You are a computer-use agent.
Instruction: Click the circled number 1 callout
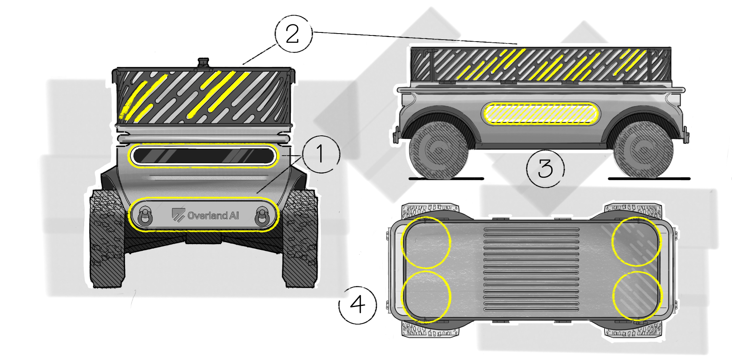pos(321,154)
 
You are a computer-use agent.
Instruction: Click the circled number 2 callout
pos(293,34)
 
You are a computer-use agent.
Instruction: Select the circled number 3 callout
pos(545,168)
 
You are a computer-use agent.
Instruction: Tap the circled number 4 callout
pos(358,305)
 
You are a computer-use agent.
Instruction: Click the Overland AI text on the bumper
pos(213,216)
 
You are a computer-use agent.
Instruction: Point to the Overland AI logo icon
pos(178,215)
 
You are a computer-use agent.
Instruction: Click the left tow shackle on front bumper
pos(145,216)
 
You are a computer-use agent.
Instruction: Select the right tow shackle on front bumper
pos(262,216)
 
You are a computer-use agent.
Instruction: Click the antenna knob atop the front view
pos(204,63)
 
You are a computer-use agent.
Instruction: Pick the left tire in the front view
pos(107,238)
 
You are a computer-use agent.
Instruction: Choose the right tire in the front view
pos(300,238)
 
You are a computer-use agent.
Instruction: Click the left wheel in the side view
pos(438,150)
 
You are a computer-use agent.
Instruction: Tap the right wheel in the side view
pos(643,150)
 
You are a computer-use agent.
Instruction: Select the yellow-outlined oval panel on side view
pos(540,114)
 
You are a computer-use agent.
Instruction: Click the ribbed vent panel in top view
pos(531,269)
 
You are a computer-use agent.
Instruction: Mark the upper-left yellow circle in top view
pos(426,243)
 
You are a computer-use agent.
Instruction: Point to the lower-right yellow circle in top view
pos(637,296)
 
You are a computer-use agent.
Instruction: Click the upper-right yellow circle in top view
pos(637,241)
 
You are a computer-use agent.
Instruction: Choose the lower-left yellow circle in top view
pos(426,296)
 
